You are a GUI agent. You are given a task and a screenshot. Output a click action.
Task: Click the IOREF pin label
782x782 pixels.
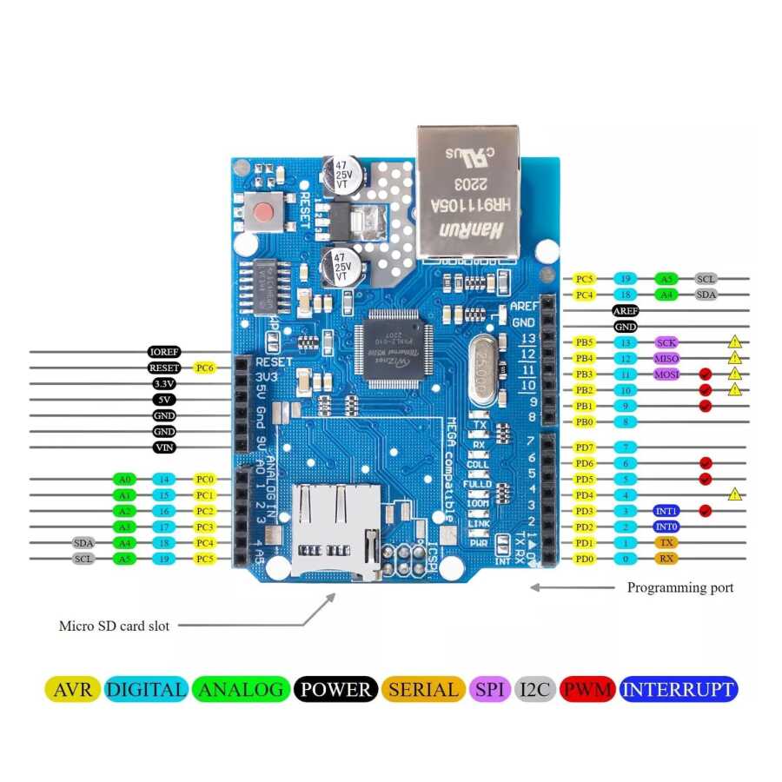pyautogui.click(x=164, y=352)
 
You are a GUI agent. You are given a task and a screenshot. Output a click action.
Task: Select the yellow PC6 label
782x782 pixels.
pyautogui.click(x=204, y=368)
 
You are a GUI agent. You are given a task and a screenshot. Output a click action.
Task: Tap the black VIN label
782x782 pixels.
pyautogui.click(x=164, y=447)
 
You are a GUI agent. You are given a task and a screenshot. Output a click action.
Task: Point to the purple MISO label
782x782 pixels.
pyautogui.click(x=666, y=358)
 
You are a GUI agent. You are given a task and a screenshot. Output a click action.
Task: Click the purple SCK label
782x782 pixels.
pyautogui.click(x=666, y=342)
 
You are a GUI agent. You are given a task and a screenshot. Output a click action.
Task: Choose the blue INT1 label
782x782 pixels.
pyautogui.click(x=666, y=511)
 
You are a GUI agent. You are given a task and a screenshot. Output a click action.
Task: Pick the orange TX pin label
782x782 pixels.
pyautogui.click(x=666, y=542)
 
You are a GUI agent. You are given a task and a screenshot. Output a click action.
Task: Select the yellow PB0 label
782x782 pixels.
pyautogui.click(x=585, y=422)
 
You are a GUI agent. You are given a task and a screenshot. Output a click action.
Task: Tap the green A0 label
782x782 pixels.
pyautogui.click(x=124, y=479)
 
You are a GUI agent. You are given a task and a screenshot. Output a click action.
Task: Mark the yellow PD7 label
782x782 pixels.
pyautogui.click(x=585, y=447)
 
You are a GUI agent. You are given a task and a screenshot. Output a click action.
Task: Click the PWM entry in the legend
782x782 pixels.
pyautogui.click(x=587, y=690)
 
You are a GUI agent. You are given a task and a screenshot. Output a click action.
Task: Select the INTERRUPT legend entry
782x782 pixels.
pyautogui.click(x=679, y=690)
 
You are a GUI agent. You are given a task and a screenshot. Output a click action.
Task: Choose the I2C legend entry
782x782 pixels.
pyautogui.click(x=536, y=690)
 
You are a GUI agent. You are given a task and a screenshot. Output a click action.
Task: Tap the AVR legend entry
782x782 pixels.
pyautogui.click(x=72, y=690)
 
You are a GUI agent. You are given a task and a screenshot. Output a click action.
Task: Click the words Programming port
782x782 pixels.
pyautogui.click(x=680, y=587)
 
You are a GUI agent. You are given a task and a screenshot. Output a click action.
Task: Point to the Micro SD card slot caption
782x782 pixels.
pyautogui.click(x=114, y=626)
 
